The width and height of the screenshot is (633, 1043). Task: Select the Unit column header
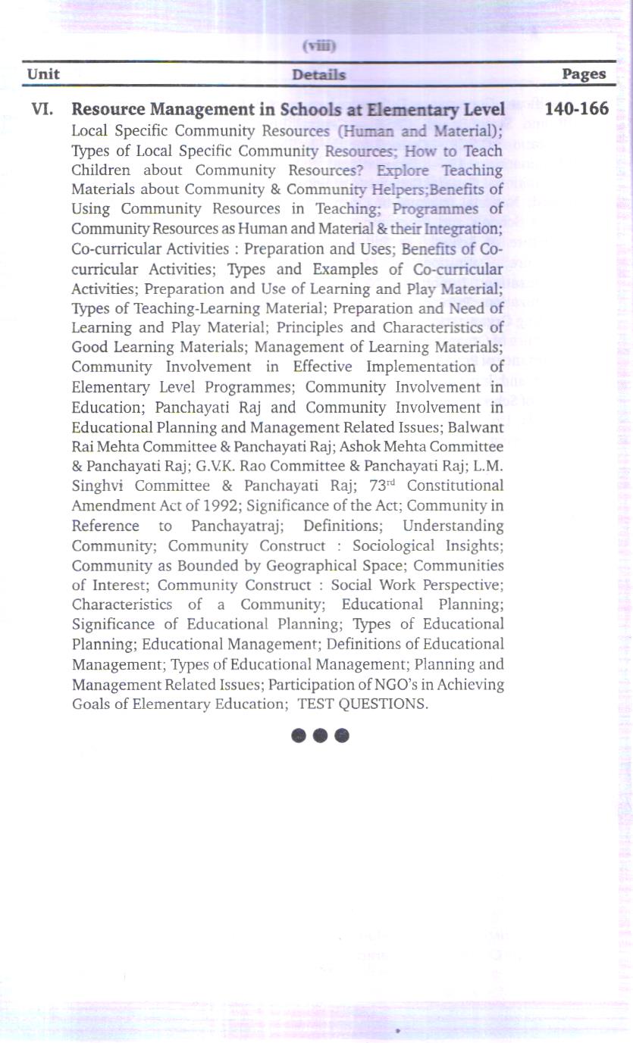43,74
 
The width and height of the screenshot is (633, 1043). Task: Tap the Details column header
318,75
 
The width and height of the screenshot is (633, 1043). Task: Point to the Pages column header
584,74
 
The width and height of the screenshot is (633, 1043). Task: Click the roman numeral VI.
42,110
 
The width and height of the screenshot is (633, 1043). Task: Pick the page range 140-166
576,109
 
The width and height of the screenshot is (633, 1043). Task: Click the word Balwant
476,426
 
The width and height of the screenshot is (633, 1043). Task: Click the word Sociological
393,545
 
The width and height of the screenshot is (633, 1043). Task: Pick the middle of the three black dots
320,735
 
